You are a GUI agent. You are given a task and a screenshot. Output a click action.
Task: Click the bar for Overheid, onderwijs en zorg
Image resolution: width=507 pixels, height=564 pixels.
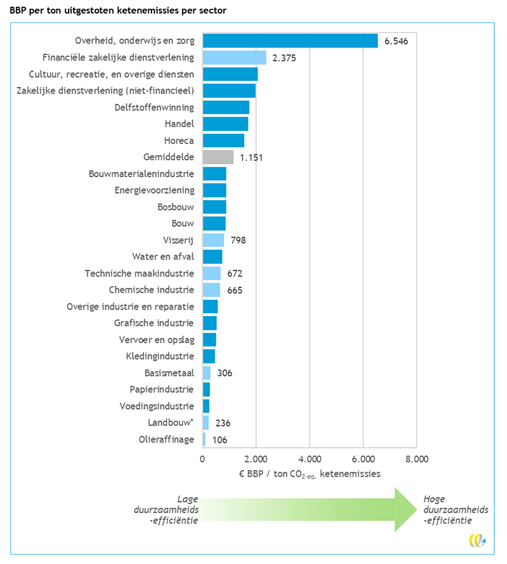pos(290,40)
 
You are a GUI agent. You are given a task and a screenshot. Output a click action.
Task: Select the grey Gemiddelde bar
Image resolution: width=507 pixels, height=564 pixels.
pos(218,157)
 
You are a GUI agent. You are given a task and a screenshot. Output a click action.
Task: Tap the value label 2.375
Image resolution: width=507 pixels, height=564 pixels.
pos(283,57)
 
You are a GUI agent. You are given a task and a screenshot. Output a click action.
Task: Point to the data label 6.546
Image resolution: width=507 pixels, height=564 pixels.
pos(396,41)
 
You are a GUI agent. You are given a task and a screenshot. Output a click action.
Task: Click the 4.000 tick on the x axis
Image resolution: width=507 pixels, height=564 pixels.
pos(309,459)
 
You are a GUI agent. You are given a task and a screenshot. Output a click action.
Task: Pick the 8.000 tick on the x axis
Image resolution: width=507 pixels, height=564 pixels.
pos(416,459)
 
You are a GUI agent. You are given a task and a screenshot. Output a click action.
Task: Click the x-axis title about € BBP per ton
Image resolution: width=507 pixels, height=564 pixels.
pos(309,473)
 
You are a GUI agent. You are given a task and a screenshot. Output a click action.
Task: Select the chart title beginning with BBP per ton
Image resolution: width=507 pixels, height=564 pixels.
pos(118,11)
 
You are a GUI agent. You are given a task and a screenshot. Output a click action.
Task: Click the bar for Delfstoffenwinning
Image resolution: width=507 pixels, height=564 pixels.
pos(226,107)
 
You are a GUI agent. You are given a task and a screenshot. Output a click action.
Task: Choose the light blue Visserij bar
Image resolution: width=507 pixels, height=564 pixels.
pos(214,240)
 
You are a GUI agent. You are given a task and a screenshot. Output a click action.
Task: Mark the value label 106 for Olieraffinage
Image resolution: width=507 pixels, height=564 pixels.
pos(220,440)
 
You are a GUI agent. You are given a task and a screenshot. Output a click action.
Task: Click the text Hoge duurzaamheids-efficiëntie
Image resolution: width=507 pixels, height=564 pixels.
pos(455,509)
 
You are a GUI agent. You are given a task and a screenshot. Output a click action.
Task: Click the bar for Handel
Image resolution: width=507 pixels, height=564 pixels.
pos(225,124)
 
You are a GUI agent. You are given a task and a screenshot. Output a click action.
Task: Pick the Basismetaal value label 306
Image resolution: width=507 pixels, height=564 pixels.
pos(224,373)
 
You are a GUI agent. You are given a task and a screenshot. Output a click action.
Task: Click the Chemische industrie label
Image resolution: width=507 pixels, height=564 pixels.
pos(152,290)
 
